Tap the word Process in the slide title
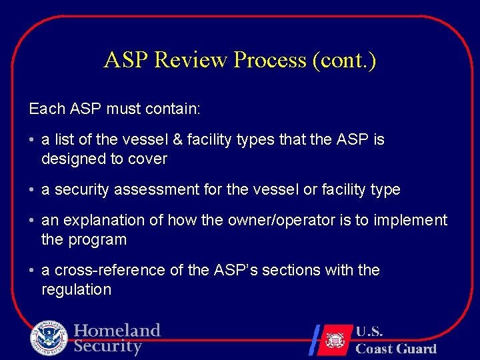pyautogui.click(x=269, y=60)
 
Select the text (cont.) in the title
pyautogui.click(x=344, y=60)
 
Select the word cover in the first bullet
pyautogui.click(x=149, y=159)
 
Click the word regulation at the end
pyautogui.click(x=76, y=289)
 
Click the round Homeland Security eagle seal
pyautogui.click(x=49, y=338)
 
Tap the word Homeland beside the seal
pyautogui.click(x=117, y=331)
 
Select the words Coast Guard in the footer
pyautogui.click(x=396, y=349)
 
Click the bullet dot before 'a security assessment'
pyautogui.click(x=32, y=190)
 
